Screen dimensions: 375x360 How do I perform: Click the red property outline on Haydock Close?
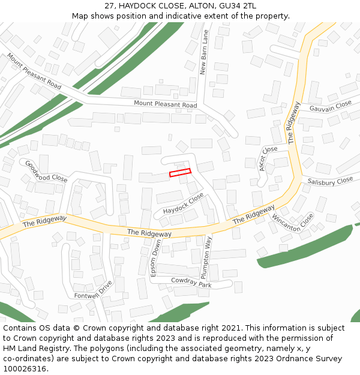[180, 172]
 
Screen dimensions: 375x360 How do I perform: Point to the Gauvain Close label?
[330, 106]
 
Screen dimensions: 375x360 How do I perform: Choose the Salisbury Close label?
[330, 181]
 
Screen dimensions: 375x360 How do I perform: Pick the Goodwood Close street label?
[46, 170]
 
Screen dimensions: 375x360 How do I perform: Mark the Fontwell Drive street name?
[93, 291]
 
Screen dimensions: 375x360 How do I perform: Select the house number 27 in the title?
[109, 5]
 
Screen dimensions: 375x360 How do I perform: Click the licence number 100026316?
[25, 368]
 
